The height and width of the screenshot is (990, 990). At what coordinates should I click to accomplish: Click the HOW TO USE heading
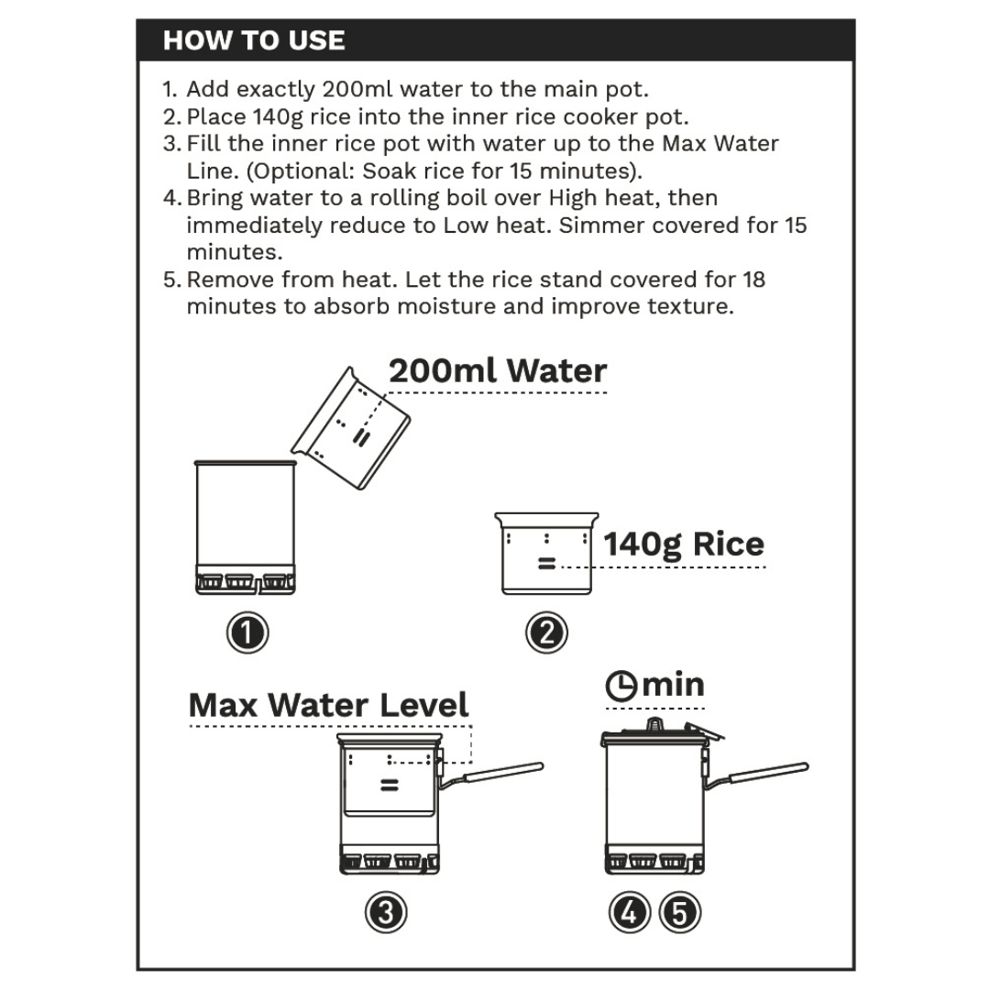tap(254, 40)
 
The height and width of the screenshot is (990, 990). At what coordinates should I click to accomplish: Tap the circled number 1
tap(247, 633)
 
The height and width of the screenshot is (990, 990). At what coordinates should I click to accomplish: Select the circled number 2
tap(546, 633)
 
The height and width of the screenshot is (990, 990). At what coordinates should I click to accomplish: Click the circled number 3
tap(386, 912)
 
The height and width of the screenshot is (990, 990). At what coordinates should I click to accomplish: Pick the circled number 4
tap(631, 912)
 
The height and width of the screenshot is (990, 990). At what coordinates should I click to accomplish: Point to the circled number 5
tap(679, 912)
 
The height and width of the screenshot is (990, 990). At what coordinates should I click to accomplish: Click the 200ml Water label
tap(498, 371)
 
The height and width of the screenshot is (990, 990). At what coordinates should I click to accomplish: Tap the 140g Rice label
tap(684, 544)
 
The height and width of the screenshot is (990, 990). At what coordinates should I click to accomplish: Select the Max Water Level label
tap(328, 705)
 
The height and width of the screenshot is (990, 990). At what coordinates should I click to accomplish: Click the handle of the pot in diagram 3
tap(500, 772)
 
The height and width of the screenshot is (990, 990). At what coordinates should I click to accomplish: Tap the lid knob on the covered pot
tap(654, 724)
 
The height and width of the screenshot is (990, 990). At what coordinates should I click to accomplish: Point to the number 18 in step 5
tap(753, 279)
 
